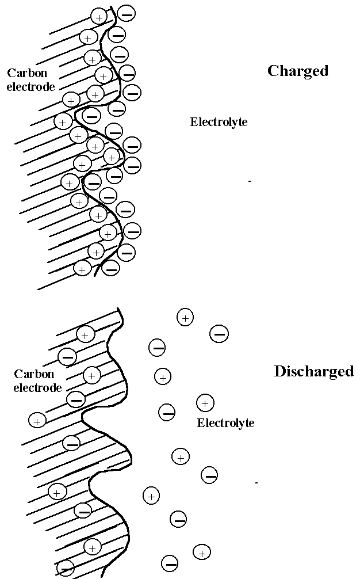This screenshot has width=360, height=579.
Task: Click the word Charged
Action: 298,71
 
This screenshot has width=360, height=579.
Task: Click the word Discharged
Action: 313,371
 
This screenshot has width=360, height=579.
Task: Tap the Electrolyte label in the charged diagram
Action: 219,122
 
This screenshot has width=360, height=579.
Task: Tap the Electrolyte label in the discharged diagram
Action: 225,423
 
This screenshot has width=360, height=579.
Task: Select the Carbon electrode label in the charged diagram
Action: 31,80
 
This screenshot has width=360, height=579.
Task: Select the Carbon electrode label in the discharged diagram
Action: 37,380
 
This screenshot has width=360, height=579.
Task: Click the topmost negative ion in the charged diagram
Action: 127,13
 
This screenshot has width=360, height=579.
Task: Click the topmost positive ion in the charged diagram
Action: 99,17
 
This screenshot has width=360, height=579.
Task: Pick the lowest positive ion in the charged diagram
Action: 83,269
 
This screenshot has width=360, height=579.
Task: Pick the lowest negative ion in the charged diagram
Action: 111,268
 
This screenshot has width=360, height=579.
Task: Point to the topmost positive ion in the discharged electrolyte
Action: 185,317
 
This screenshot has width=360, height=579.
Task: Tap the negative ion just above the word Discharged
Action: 219,333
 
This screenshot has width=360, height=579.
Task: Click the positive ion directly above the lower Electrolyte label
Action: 205,402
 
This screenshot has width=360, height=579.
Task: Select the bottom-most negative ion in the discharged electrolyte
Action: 170,562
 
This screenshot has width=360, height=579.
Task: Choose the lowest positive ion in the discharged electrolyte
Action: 201,553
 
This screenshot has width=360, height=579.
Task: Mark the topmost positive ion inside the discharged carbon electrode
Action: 85,334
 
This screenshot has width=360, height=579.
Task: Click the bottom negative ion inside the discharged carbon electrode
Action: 66,568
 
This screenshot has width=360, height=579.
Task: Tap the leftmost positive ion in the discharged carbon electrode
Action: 37,420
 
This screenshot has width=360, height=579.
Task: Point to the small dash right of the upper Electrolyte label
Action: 250,181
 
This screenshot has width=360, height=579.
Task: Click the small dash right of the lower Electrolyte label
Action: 256,482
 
